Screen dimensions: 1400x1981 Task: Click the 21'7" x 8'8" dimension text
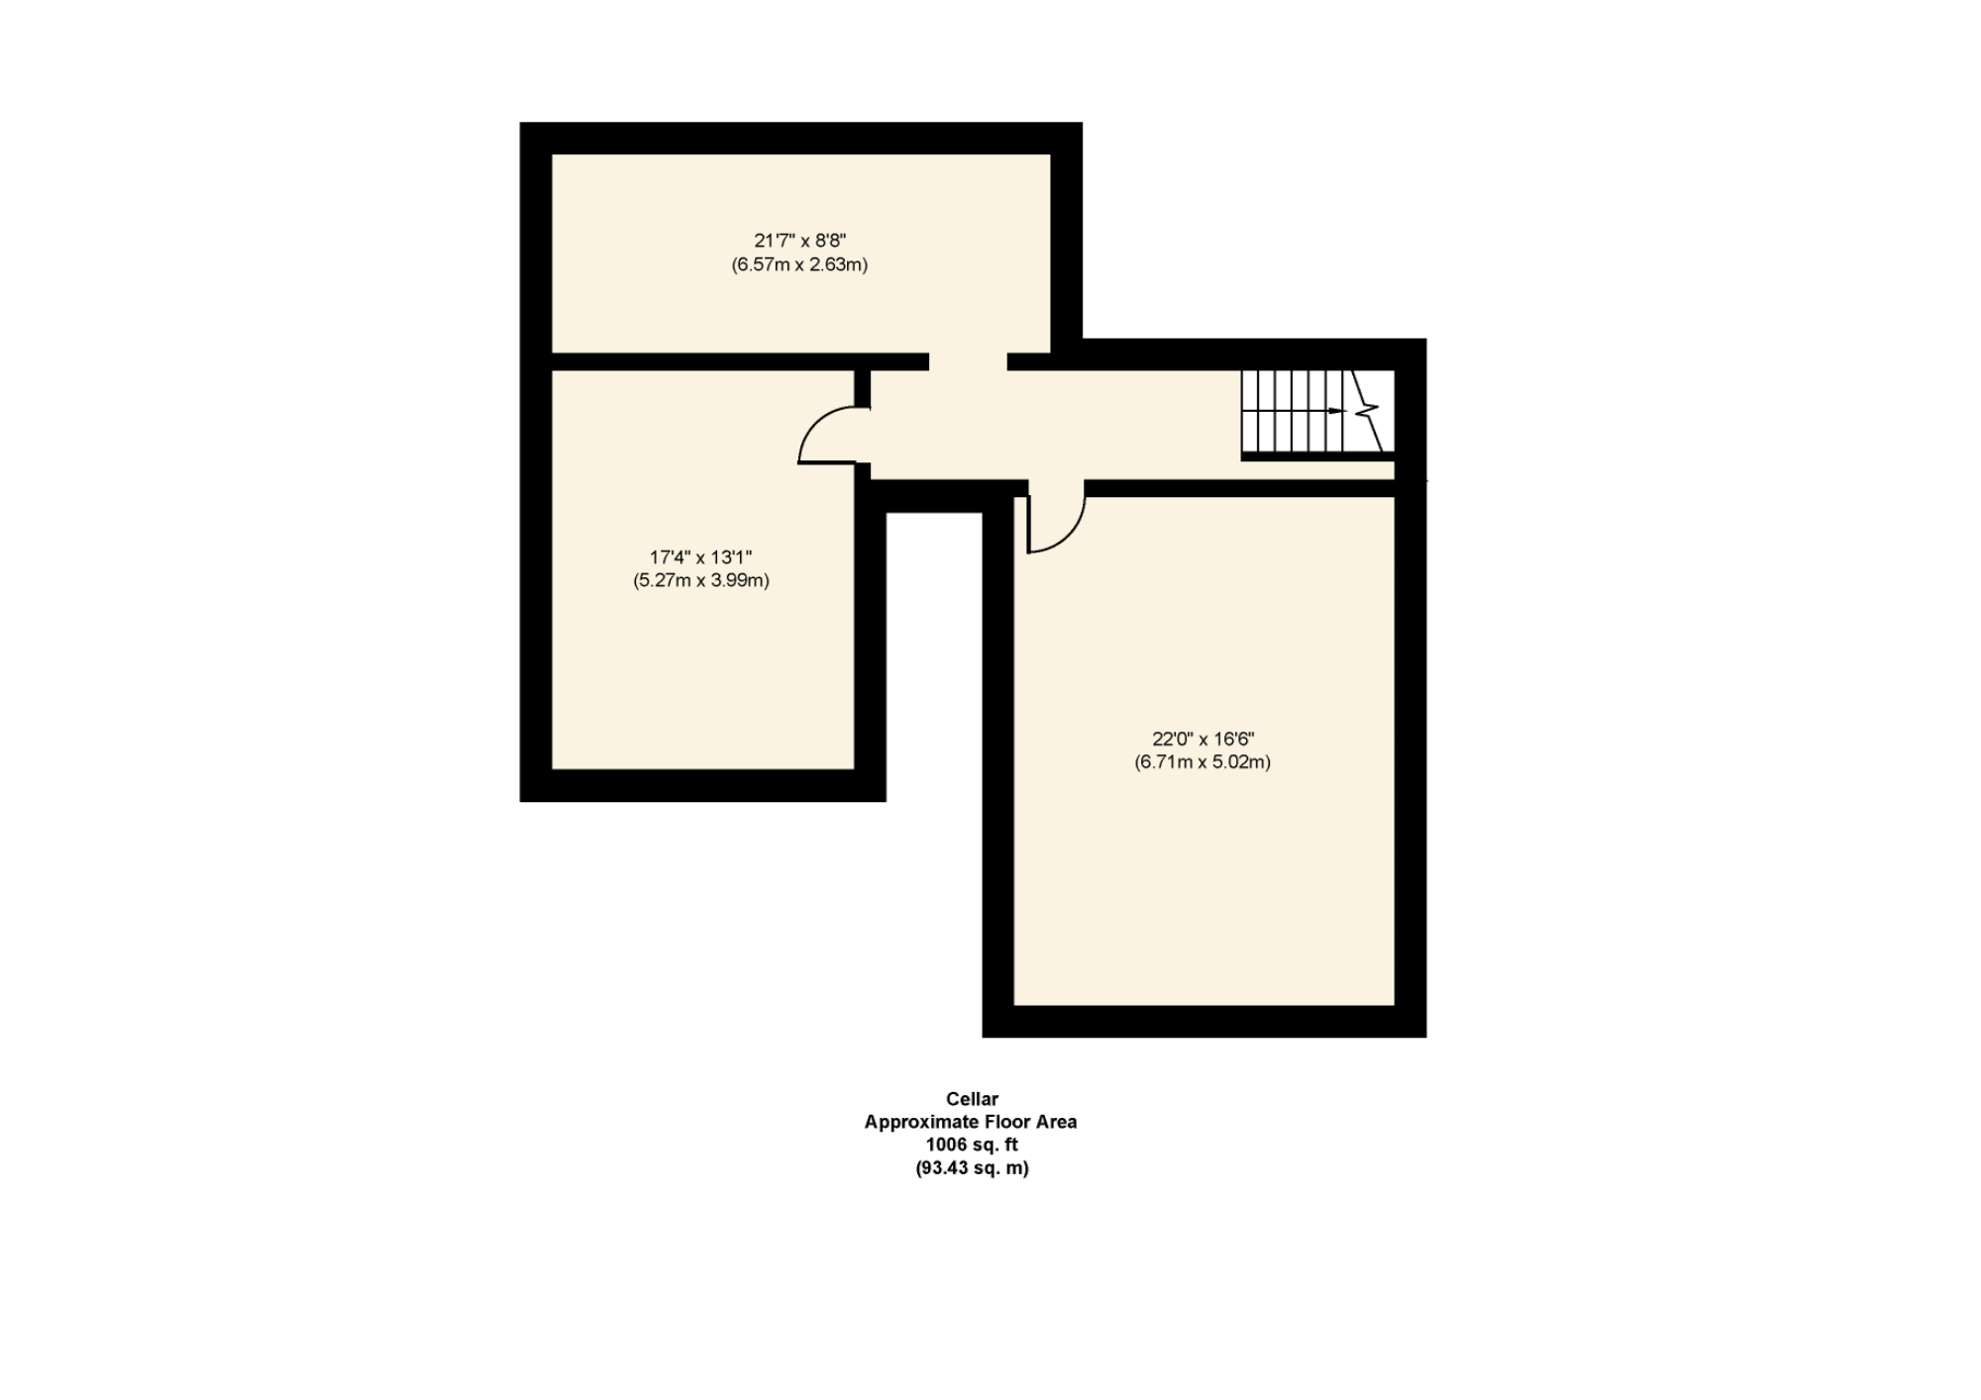pyautogui.click(x=799, y=241)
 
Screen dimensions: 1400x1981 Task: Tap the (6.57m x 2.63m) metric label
pyautogui.click(x=799, y=265)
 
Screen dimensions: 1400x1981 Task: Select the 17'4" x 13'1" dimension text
pyautogui.click(x=700, y=557)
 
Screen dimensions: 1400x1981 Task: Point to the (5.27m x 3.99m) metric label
pyautogui.click(x=700, y=581)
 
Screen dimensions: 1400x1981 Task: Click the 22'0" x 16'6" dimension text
pyautogui.click(x=1202, y=739)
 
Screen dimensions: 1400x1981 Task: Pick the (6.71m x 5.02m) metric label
pyautogui.click(x=1202, y=762)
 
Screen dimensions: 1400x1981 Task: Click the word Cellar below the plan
pyautogui.click(x=972, y=1099)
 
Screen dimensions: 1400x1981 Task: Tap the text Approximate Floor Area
pyautogui.click(x=970, y=1122)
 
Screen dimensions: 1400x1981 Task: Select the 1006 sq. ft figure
pyautogui.click(x=971, y=1146)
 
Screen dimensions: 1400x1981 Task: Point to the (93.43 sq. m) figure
pyautogui.click(x=972, y=1168)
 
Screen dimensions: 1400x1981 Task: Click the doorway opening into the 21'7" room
pyautogui.click(x=968, y=361)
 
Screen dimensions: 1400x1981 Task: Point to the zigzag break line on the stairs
pyautogui.click(x=1369, y=408)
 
